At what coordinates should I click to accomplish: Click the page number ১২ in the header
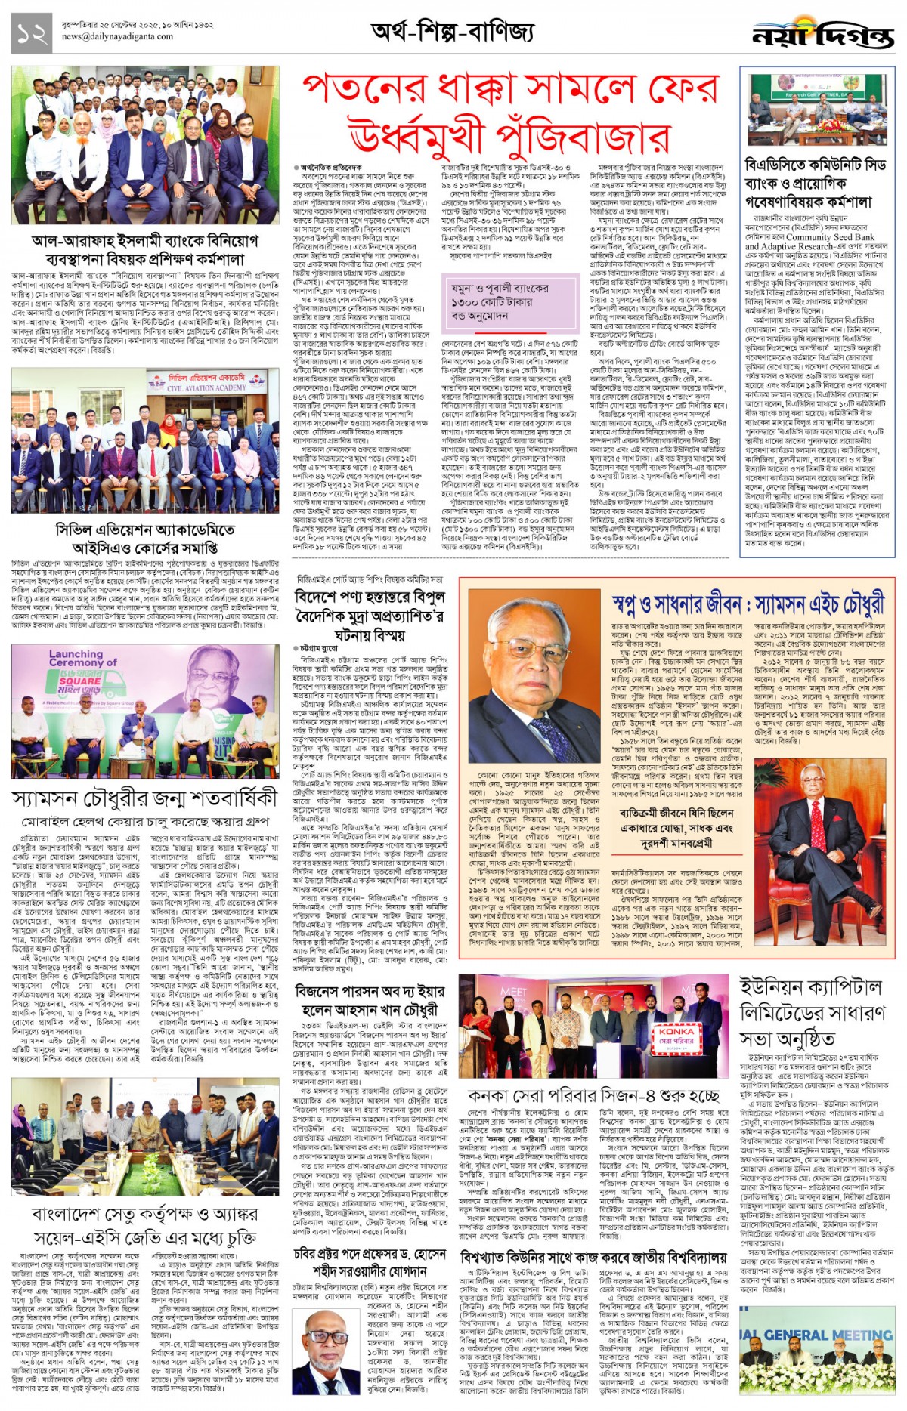(32, 34)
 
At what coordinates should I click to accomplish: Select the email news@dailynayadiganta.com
(117, 36)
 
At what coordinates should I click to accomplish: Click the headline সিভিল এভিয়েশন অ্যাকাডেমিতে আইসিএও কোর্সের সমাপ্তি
(144, 538)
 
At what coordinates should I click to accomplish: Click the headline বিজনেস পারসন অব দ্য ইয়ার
(370, 1000)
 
